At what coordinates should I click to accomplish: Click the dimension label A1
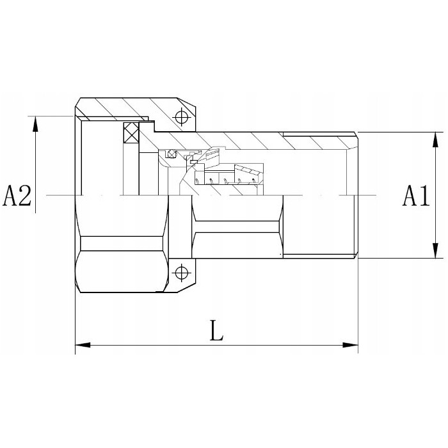point(415,196)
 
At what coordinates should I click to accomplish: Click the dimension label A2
point(17,196)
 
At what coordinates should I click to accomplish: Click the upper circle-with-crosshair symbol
point(182,117)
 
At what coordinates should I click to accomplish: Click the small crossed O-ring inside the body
point(171,153)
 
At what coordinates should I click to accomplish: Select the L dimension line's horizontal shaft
point(217,346)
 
